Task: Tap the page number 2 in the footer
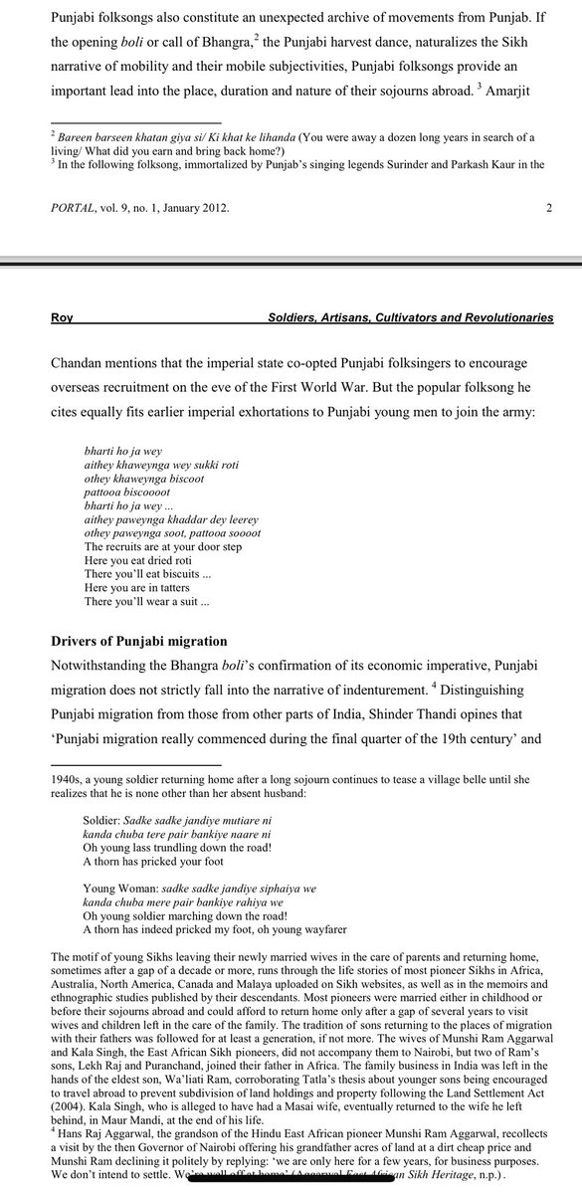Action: click(x=549, y=208)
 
